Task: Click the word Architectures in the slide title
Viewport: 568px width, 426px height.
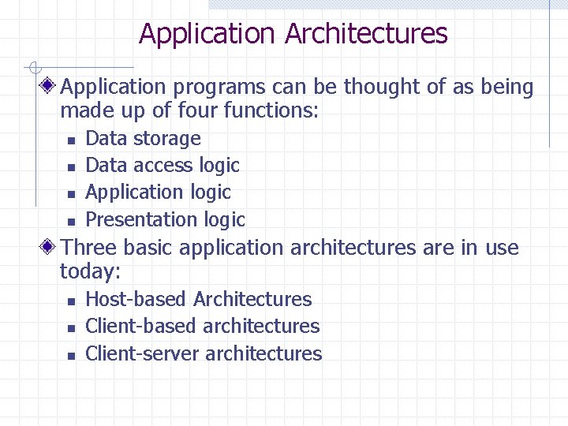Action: point(366,34)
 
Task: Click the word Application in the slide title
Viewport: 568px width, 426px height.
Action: point(207,34)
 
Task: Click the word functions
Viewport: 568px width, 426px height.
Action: point(271,111)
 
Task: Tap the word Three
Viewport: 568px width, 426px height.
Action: point(88,248)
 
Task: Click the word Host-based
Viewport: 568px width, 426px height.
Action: point(136,300)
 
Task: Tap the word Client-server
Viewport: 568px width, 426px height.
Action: point(142,353)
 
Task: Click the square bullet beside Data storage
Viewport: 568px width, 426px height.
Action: point(70,140)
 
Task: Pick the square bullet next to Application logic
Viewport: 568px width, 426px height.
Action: point(70,194)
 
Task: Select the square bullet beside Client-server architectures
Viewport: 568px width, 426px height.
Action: point(70,355)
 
